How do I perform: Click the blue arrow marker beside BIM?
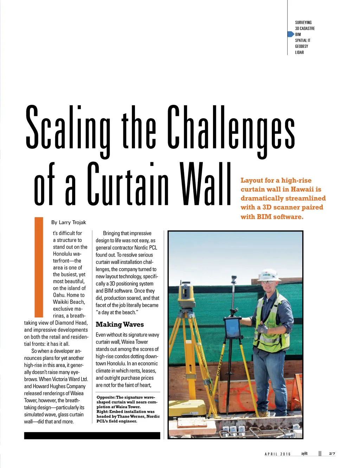click(x=290, y=34)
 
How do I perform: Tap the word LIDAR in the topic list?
click(x=299, y=52)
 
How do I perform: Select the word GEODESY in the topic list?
click(x=301, y=46)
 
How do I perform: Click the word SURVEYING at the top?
click(x=303, y=23)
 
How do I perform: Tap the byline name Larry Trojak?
click(x=72, y=222)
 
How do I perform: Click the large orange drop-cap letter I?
click(x=39, y=267)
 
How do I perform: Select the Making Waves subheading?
click(x=120, y=324)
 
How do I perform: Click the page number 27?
click(x=332, y=454)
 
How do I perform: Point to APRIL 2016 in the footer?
click(x=277, y=454)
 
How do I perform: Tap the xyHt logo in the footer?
click(x=304, y=454)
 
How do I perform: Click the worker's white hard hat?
click(x=269, y=274)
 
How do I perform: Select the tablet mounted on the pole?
click(x=232, y=327)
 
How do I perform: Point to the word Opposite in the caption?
click(x=105, y=397)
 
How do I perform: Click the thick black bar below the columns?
click(x=92, y=436)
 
